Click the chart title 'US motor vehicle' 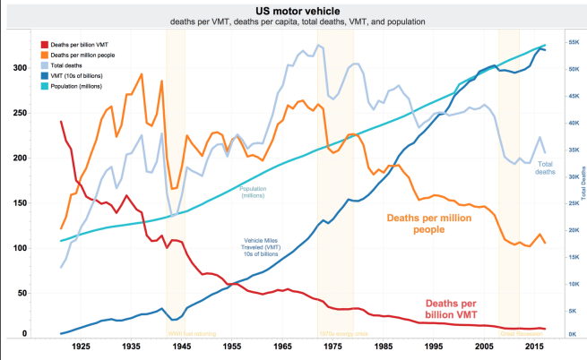click(x=293, y=8)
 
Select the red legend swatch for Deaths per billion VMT click(x=44, y=44)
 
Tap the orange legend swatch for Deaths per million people click(x=44, y=55)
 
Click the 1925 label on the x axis click(x=82, y=345)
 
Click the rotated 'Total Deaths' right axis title click(x=581, y=188)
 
